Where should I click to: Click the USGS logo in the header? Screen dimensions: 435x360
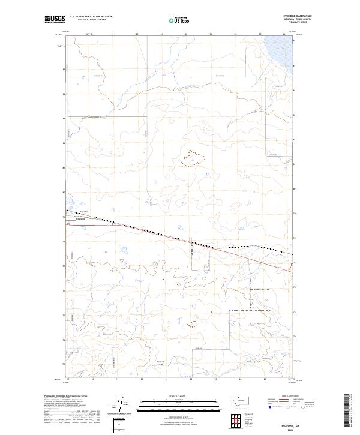coord(55,19)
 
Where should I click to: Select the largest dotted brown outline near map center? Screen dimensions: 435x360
coord(193,158)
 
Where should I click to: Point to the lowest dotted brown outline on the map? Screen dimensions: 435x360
coord(192,325)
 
